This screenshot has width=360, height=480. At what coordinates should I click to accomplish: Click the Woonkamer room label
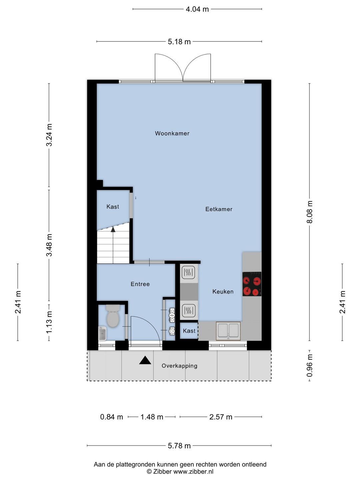172,133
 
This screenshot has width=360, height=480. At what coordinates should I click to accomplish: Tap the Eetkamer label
219,209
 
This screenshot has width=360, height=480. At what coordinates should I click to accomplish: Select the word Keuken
223,291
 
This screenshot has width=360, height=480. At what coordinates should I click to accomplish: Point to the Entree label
140,284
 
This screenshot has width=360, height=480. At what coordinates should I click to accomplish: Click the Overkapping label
179,366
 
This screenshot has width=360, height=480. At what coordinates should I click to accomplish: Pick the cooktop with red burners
252,284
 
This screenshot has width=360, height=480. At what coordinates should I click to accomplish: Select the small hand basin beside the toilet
102,333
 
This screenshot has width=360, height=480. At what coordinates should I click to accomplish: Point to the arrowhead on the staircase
113,229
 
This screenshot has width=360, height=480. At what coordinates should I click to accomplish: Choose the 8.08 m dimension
310,212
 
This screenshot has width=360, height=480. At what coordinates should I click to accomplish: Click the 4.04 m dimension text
197,9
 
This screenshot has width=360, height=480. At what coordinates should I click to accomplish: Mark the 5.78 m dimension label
179,446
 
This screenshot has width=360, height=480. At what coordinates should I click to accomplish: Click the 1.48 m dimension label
152,417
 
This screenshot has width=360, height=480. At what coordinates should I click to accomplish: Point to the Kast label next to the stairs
113,206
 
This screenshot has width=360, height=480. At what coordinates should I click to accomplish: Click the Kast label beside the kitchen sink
189,331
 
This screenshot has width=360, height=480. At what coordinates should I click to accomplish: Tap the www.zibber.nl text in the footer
193,471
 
